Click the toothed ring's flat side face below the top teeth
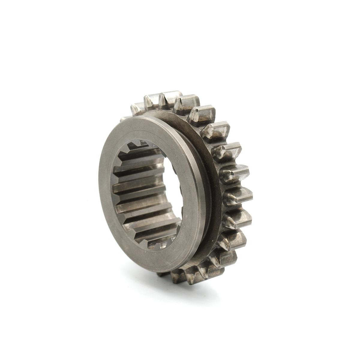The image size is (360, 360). click(x=192, y=126)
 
